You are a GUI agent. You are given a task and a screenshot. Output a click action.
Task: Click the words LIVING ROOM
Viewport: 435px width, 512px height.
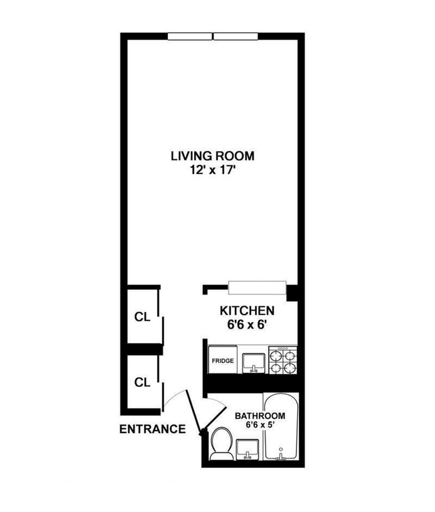click(212, 157)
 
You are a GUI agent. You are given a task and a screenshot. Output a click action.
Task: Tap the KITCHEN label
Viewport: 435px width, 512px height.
click(247, 311)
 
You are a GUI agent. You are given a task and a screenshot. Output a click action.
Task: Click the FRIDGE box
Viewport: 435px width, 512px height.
click(223, 361)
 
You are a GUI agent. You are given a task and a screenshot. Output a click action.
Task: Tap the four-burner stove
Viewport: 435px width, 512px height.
click(282, 360)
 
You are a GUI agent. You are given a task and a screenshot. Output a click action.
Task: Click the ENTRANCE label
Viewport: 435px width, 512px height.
click(152, 430)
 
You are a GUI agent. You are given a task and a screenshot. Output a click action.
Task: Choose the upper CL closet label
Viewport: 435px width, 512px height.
click(142, 317)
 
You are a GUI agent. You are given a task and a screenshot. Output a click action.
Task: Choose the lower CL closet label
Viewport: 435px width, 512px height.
click(142, 383)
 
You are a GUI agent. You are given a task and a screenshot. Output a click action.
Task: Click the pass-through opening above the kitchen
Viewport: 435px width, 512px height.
click(256, 288)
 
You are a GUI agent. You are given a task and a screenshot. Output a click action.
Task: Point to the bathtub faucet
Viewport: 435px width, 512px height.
click(280, 456)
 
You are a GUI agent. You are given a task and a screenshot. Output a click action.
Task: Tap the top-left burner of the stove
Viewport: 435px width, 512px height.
click(275, 355)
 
